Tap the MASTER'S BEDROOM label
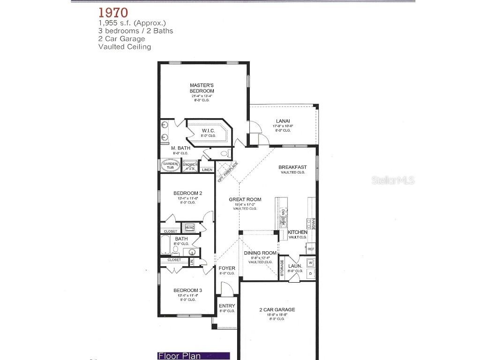coord(202,88)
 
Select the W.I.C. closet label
coord(208,130)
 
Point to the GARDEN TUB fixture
coord(170,165)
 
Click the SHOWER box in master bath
coord(190,166)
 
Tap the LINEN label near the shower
coord(207,170)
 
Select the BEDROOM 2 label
coord(187,193)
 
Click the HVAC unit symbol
coord(189,228)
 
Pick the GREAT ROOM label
coord(245,200)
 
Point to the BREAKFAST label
coord(292,167)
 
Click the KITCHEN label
coord(298,232)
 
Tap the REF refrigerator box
coord(310,249)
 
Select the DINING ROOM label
coord(260,253)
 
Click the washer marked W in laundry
coord(310,262)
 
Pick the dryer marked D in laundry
coord(310,273)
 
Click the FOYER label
coord(227,268)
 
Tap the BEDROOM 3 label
coord(187,290)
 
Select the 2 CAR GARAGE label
coord(277,309)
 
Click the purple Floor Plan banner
coord(194,356)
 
